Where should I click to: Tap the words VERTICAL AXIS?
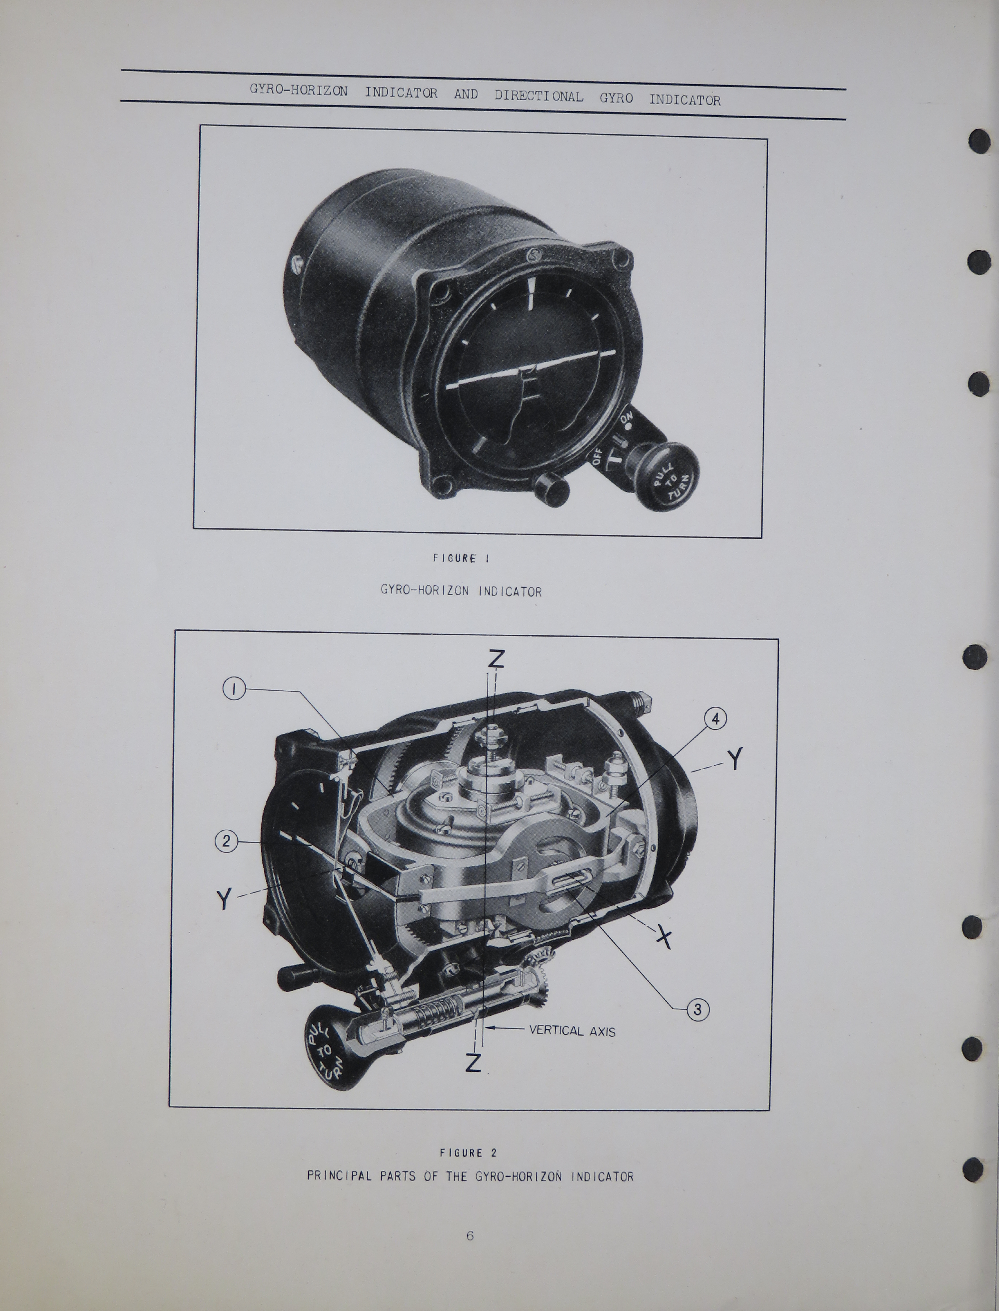coord(572,1031)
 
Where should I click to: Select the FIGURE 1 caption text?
coord(461,558)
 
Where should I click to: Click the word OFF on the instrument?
coord(597,458)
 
